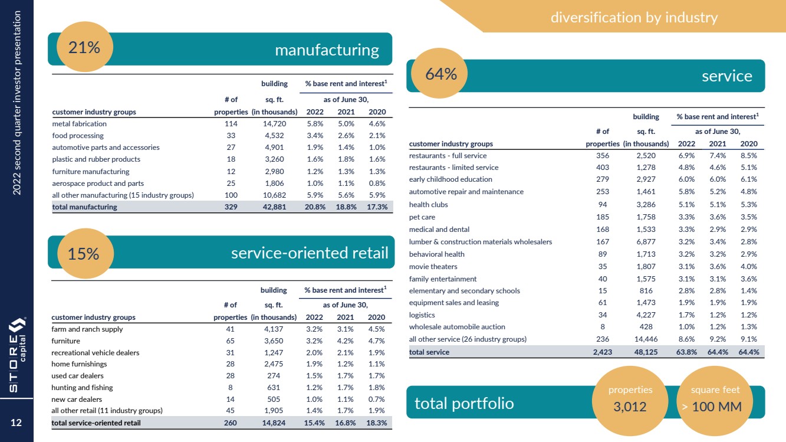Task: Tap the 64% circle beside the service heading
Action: coord(442,74)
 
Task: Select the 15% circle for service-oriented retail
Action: coord(83,254)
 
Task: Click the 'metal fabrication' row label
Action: coord(80,124)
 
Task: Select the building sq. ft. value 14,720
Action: coord(275,124)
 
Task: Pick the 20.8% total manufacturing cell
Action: coord(316,207)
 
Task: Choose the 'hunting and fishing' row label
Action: coord(82,388)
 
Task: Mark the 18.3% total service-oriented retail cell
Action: coord(376,423)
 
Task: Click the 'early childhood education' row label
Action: coord(450,179)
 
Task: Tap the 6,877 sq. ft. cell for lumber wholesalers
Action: coord(646,241)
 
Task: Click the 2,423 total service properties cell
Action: coord(603,352)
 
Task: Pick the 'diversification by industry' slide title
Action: coord(634,18)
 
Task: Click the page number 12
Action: coord(17,423)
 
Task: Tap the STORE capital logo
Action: coord(17,354)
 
